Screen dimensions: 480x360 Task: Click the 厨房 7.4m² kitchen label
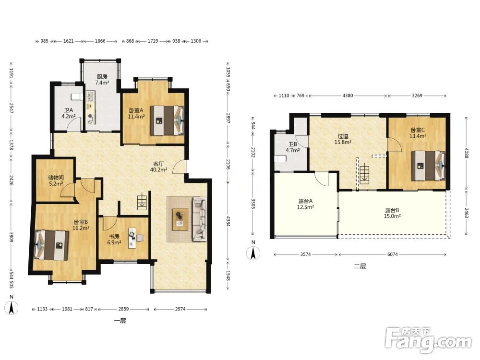coord(102,80)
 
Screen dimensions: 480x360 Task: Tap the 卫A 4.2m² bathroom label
coord(68,113)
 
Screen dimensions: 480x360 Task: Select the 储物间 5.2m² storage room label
coord(56,180)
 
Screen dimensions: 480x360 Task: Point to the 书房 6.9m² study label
coord(114,240)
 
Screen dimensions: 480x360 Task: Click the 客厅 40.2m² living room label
coord(158,167)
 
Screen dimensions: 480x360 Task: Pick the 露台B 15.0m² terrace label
coord(392,213)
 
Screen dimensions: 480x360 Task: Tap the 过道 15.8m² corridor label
coord(343,139)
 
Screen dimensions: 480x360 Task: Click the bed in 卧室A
coord(167,120)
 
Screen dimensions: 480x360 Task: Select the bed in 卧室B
coord(51,245)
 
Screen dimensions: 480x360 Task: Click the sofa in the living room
coord(200,219)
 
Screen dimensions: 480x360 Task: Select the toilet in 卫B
coord(281,159)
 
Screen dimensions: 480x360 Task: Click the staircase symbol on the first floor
coord(142,203)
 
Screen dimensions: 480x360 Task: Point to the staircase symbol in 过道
coord(364,174)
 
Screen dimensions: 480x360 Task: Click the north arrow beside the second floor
coord(253,253)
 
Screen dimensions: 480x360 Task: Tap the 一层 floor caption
coord(120,321)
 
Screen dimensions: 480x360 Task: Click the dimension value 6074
coord(393,254)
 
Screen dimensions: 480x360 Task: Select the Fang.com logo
coord(429,340)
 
